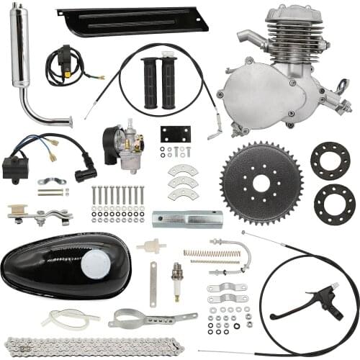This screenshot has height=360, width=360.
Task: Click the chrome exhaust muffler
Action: (x=20, y=50)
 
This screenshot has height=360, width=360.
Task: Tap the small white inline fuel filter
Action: (x=151, y=246)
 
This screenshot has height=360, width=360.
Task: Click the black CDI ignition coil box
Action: (x=16, y=167)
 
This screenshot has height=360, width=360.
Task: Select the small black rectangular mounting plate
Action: (x=175, y=134)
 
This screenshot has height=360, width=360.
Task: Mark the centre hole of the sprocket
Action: (x=261, y=184)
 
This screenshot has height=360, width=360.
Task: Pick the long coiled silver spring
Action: (x=212, y=253)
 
